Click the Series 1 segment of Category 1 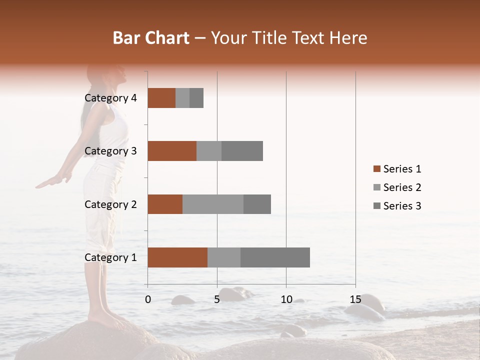click(177, 257)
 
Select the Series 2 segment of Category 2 click(213, 204)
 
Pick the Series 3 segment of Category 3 click(242, 151)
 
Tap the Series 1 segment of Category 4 click(161, 98)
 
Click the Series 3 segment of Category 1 click(275, 257)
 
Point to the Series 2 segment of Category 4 click(182, 98)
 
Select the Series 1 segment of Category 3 click(172, 151)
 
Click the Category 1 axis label click(110, 257)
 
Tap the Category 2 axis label click(110, 204)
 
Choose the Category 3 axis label click(110, 151)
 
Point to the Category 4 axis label click(110, 98)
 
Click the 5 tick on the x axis click(217, 299)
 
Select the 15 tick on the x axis click(355, 299)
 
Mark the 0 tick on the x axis click(148, 299)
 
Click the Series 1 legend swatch click(376, 169)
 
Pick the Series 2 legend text click(402, 187)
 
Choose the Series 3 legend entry click(397, 206)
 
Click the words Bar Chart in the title click(151, 38)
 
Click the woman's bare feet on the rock click(107, 318)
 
